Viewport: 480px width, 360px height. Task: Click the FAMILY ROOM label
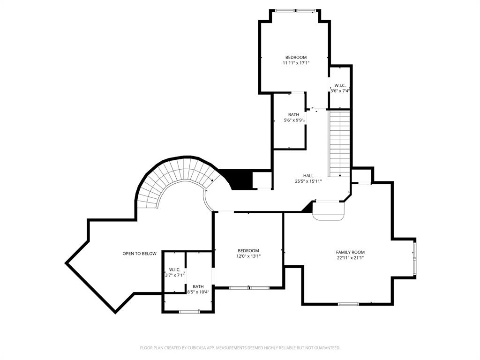click(x=350, y=252)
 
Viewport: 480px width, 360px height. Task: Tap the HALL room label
click(x=308, y=176)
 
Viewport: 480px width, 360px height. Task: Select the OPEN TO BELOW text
click(x=139, y=254)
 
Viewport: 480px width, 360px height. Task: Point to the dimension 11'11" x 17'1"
click(x=296, y=63)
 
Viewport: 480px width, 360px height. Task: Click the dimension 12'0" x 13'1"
click(x=248, y=256)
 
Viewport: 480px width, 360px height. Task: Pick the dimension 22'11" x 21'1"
click(x=350, y=258)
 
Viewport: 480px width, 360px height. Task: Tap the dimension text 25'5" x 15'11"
click(x=308, y=181)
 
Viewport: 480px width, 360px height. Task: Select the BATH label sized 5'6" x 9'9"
click(x=293, y=115)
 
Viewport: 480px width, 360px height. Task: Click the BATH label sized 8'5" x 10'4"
click(x=198, y=286)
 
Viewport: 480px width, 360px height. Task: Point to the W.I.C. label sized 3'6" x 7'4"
click(x=340, y=85)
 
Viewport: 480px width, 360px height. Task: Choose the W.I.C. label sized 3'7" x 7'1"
click(x=174, y=270)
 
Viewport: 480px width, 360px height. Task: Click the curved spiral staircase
click(x=173, y=180)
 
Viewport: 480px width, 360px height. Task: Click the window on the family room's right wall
click(x=414, y=257)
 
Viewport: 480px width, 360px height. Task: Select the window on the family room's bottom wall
click(x=348, y=304)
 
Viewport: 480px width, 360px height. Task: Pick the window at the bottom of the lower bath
click(x=189, y=311)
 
